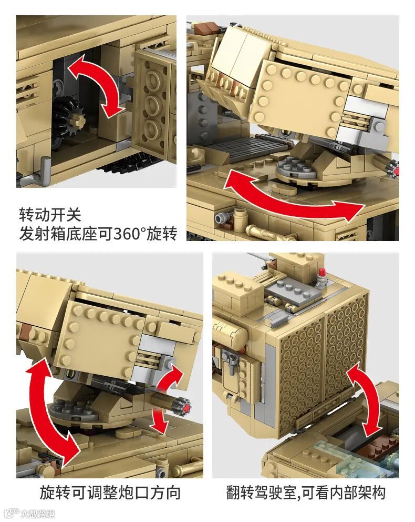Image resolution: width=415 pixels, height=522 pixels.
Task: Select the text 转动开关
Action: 50,215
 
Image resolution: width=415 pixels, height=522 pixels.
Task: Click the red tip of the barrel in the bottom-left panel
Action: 186,407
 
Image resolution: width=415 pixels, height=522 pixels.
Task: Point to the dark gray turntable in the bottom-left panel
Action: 74,410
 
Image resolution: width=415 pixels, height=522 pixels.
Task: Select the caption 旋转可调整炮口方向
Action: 110,493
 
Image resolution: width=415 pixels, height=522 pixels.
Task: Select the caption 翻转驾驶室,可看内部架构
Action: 306,493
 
